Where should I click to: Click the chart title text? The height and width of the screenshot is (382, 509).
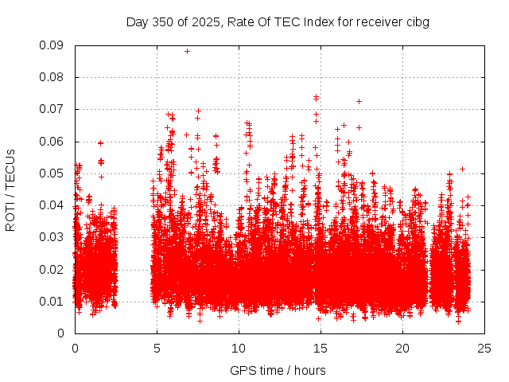click(278, 21)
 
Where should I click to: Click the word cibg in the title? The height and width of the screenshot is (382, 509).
click(418, 21)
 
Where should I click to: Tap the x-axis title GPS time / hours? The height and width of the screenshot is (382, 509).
click(278, 370)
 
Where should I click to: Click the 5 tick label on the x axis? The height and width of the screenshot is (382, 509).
click(157, 348)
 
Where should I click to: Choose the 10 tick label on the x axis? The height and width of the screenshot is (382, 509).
click(239, 348)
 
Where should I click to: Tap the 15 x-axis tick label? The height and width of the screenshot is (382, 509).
click(321, 348)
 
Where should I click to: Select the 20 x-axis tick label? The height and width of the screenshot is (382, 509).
click(402, 348)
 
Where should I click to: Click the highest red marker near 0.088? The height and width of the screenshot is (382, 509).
click(187, 51)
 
